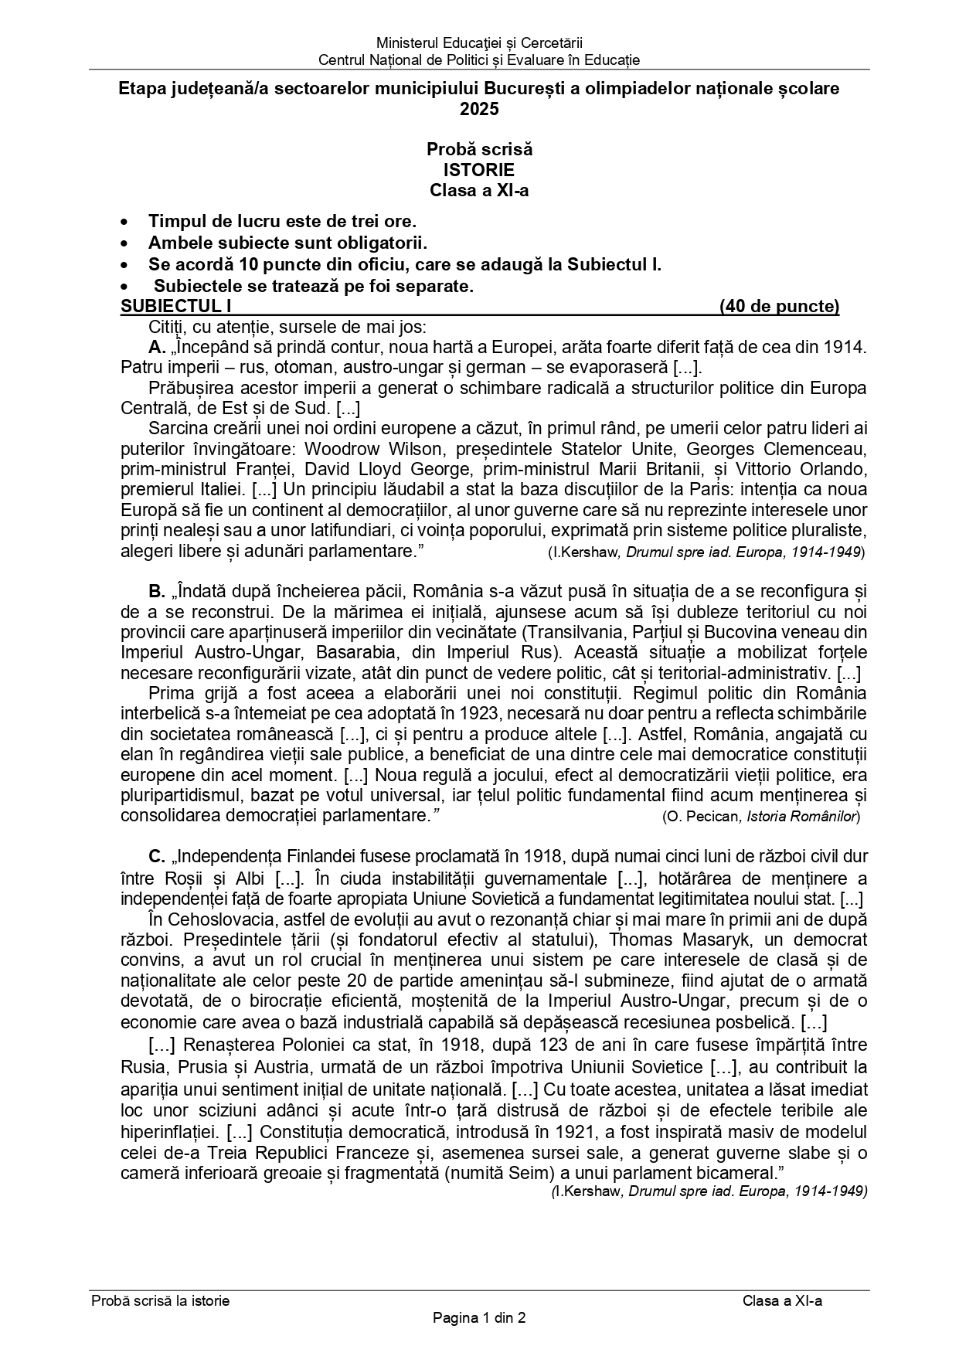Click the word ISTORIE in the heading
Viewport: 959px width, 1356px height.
coord(478,169)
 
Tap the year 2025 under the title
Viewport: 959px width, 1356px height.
coord(479,109)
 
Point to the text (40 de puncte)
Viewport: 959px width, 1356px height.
coord(779,307)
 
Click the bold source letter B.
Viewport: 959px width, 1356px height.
coord(157,592)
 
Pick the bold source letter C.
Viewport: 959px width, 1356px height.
coord(157,857)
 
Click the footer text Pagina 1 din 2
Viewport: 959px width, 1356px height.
coord(479,1318)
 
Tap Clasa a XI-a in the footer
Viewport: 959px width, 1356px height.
coord(782,1300)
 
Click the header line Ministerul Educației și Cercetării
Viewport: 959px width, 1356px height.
coord(479,42)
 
